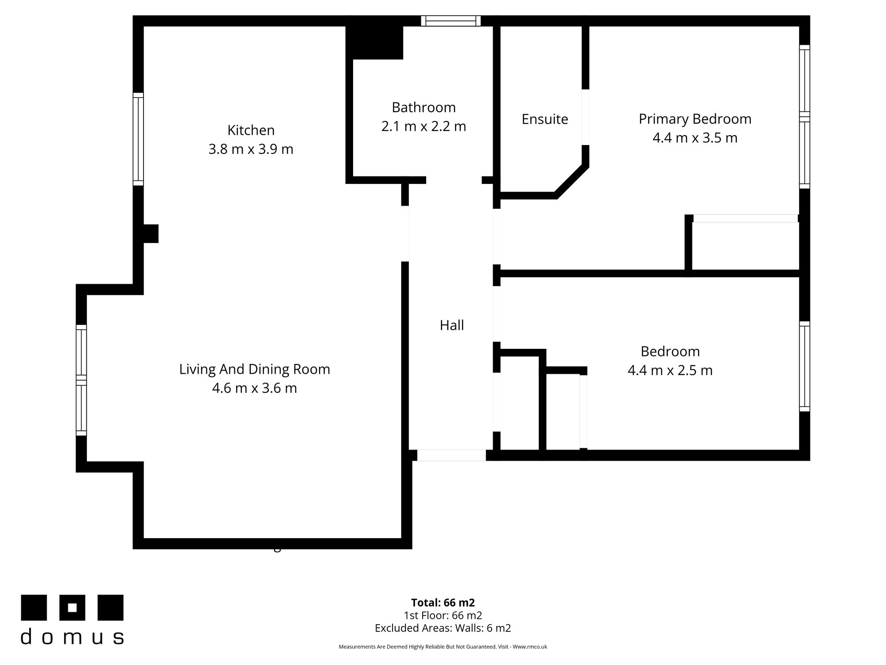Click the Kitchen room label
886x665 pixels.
pos(251,130)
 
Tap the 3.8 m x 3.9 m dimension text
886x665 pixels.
pos(251,149)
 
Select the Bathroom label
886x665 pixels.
pos(424,107)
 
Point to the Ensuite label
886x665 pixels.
pos(544,119)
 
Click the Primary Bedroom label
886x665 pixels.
pos(695,119)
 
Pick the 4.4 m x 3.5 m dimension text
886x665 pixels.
pos(695,138)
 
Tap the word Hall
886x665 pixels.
pos(451,325)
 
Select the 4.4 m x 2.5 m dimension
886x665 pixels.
pos(670,370)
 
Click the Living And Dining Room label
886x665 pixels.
pos(254,369)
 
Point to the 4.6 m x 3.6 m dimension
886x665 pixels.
pos(254,388)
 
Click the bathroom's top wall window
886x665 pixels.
pos(451,21)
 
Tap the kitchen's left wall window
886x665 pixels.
pos(138,139)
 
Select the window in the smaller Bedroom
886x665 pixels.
pos(804,366)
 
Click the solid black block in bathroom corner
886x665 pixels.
pos(374,43)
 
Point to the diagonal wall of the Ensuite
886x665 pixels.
pos(572,181)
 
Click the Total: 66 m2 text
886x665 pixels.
pos(443,602)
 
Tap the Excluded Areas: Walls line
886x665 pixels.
pos(443,628)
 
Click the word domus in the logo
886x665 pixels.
pos(72,637)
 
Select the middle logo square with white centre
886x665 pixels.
pos(72,607)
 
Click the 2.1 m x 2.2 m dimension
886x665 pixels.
pos(424,126)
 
